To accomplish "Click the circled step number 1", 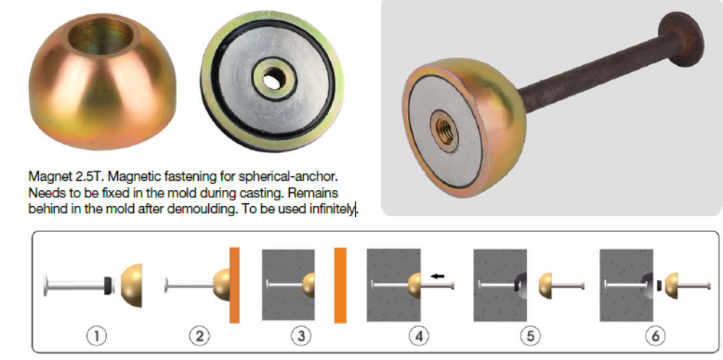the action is point(96,336).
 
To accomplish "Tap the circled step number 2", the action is point(200,336).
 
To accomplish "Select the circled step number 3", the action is point(301,336).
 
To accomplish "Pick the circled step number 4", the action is point(419,336).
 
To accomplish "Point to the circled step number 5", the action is point(530,336).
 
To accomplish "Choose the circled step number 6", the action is point(655,336).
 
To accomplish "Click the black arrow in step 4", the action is point(437,276).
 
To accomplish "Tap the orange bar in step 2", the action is point(235,286).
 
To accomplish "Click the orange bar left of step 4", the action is point(341,286).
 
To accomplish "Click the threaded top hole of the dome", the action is point(103,35).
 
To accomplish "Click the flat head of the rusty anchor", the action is point(681,40).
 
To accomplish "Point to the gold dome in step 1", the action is point(132,286).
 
